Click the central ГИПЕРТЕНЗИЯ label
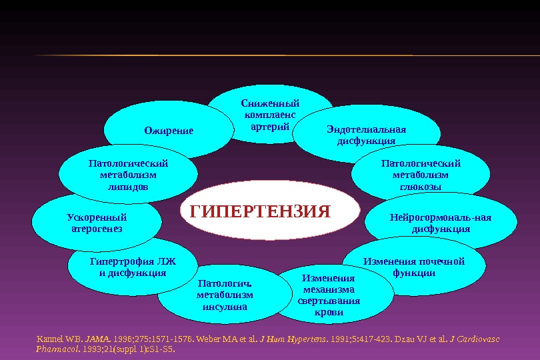261,212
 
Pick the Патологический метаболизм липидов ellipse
128,175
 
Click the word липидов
128,187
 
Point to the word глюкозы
420,187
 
